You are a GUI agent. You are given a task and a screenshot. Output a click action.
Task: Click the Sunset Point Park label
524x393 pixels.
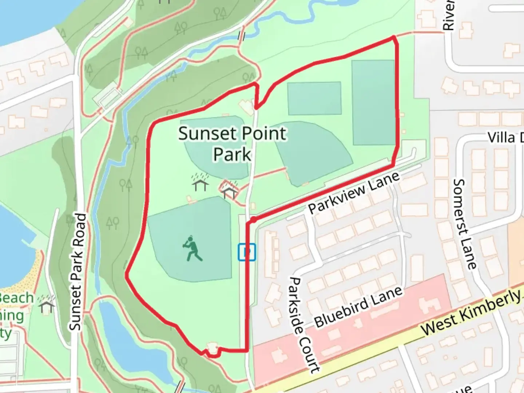pos(232,143)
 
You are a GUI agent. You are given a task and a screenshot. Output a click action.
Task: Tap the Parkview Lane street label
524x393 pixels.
pos(354,193)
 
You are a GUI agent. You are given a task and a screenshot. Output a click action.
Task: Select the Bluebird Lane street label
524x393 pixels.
pos(358,306)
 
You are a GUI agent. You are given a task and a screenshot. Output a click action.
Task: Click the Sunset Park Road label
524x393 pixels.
pos(78,271)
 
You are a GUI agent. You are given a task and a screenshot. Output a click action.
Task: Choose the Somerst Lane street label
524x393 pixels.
pos(465,223)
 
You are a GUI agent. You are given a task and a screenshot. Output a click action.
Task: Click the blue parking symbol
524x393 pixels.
pos(247,252)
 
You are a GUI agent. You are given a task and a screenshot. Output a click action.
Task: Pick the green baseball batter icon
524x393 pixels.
pos(192,249)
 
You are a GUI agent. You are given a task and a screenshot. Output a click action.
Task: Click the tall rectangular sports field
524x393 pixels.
pos(373,103)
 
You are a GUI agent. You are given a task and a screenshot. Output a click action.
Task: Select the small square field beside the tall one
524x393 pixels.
pos(314,98)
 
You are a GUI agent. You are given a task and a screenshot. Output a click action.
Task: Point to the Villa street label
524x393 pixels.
pos(504,138)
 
